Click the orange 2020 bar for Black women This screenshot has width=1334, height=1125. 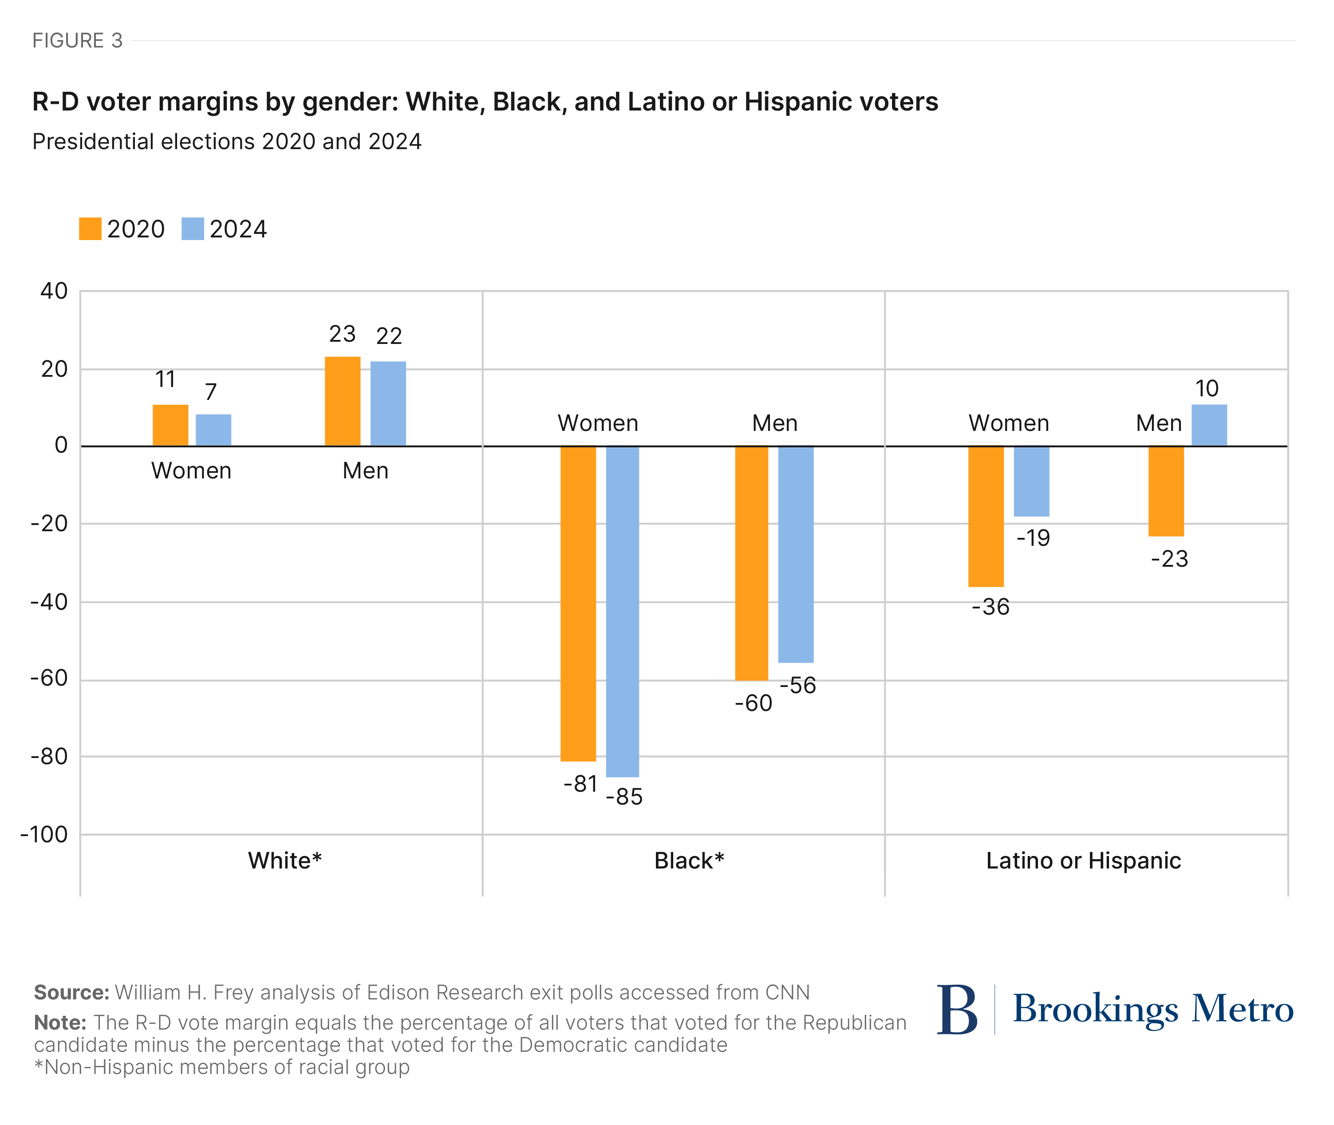pos(578,603)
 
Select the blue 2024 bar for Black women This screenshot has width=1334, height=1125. pos(622,611)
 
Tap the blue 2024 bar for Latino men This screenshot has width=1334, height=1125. pos(1208,425)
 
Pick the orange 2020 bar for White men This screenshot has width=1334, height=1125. pos(343,401)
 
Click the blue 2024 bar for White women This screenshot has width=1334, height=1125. pos(213,430)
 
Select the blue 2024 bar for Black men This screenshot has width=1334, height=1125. pos(795,553)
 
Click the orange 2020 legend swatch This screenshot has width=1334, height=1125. pos(90,229)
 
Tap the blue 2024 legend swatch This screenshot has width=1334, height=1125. pos(193,229)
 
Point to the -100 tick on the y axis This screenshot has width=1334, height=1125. pos(44,834)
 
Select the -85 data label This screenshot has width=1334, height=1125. pos(624,797)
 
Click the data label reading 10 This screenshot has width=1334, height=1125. pos(1207,388)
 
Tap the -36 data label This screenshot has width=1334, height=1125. pos(991,607)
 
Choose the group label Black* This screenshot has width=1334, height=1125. pos(689,861)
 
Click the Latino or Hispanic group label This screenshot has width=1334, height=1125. pos(1083,861)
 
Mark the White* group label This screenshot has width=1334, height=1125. pos(284,861)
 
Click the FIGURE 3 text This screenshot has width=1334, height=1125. pos(77,41)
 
